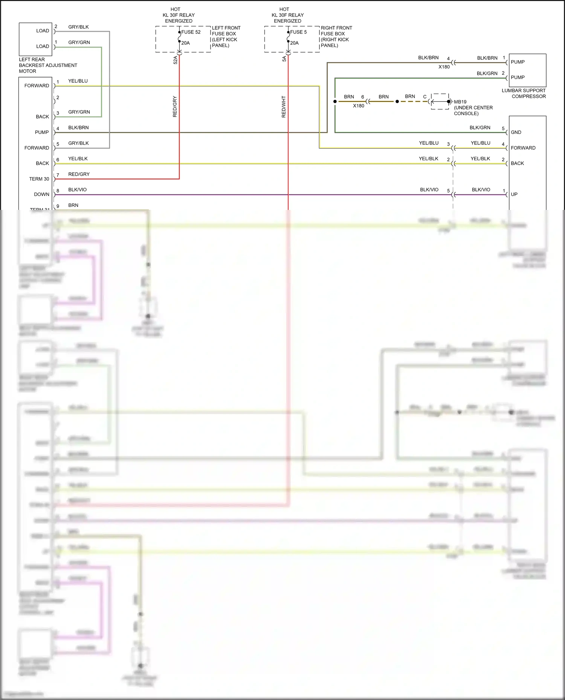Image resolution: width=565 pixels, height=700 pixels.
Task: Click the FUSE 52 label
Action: [191, 32]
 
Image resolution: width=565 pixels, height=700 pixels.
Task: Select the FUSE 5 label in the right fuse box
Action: [298, 32]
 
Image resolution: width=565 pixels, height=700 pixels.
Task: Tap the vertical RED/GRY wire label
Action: [175, 106]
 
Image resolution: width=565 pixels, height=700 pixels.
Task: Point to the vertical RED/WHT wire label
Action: [284, 107]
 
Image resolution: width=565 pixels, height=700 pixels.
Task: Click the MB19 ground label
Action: [460, 102]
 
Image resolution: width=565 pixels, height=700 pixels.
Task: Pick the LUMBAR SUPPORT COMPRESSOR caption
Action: [524, 93]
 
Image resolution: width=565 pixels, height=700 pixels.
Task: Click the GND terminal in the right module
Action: [516, 132]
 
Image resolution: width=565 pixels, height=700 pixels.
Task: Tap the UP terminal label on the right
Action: [514, 194]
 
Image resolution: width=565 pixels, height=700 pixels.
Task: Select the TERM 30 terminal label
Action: [39, 179]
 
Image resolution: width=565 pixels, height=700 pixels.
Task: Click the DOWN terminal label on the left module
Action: [41, 194]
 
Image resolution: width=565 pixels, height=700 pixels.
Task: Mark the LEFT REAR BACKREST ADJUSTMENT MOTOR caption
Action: [48, 65]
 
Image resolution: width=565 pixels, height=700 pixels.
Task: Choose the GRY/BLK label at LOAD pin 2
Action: [78, 27]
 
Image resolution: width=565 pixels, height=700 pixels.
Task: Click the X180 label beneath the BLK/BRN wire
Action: [444, 67]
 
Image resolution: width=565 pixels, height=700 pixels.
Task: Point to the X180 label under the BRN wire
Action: [359, 106]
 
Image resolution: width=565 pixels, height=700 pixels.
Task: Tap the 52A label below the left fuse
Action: [176, 60]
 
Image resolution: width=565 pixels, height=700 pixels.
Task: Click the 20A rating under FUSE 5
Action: [294, 43]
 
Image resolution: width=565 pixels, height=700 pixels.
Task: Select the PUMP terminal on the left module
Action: [42, 132]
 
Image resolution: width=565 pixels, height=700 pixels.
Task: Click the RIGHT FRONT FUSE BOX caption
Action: [336, 36]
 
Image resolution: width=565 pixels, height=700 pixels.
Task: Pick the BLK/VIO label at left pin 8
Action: [77, 190]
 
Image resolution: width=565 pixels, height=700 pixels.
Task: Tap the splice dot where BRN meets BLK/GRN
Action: [335, 102]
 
